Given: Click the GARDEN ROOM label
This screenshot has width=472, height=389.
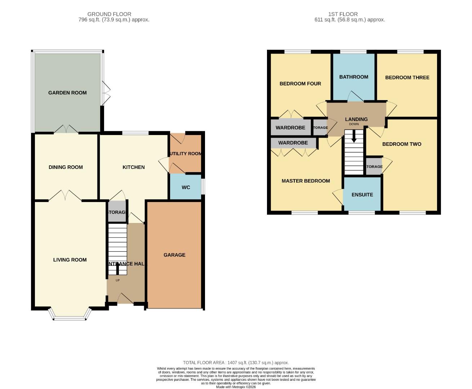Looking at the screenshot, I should tap(67, 93).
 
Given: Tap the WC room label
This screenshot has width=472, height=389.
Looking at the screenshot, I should tap(186, 187).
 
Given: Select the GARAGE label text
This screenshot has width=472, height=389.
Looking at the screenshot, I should tap(174, 255).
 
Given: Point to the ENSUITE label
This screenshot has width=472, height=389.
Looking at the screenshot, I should tap(362, 194).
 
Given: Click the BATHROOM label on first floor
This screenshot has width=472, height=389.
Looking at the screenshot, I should tap(353, 77).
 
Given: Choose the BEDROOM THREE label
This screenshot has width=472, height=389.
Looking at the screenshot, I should tap(407, 77).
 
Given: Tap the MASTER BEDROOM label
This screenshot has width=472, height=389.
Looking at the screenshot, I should tap(306, 181).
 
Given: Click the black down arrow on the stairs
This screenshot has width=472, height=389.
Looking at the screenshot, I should tap(354, 137).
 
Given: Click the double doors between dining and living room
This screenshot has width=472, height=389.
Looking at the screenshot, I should tap(65, 196).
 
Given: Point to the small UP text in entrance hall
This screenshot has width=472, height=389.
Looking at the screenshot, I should tap(117, 280).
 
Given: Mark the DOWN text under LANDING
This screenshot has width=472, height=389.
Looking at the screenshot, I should tap(354, 124).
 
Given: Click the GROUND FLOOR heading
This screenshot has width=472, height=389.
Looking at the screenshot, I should tap(109, 14).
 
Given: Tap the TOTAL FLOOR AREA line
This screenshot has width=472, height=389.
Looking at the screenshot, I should tap(236, 363).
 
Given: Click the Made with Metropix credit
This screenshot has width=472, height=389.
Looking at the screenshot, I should tap(236, 387).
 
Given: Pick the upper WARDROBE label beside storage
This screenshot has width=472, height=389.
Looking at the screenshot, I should tap(290, 128).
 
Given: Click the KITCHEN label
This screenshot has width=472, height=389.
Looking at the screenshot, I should tap(133, 167).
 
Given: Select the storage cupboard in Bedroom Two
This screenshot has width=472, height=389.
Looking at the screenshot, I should tap(374, 166).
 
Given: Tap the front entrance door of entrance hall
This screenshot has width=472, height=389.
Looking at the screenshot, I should tap(125, 299).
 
